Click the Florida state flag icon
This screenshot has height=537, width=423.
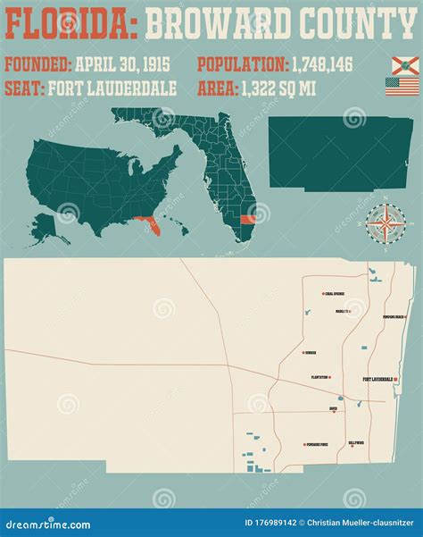tap(403, 65)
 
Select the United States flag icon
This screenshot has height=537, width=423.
tap(402, 87)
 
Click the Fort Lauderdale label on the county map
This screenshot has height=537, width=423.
tap(377, 380)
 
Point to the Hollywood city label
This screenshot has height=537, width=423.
tap(356, 442)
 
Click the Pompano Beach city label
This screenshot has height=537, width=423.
tap(394, 317)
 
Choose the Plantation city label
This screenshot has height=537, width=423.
tap(320, 377)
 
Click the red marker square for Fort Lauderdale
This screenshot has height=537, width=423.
tap(395, 380)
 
